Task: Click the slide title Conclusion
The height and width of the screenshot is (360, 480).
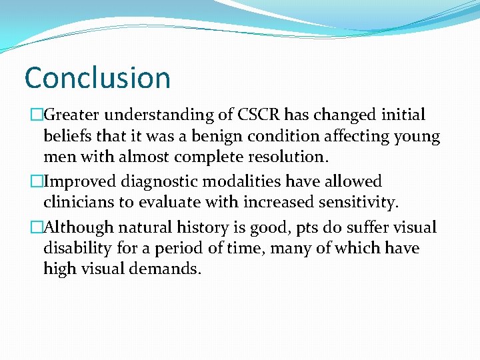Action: tap(97, 77)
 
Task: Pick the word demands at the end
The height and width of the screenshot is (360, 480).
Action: tap(164, 271)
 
